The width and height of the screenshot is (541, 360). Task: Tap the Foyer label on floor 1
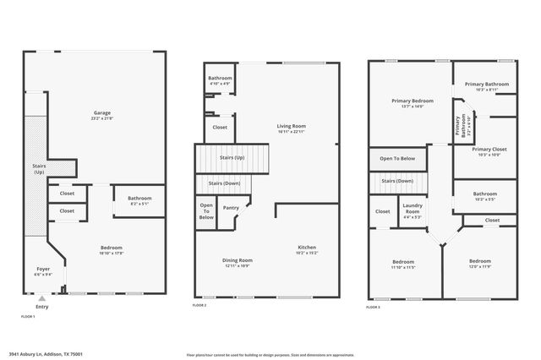coord(42,271)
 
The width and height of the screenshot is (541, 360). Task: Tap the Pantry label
coord(230,207)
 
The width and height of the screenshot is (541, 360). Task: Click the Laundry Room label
coord(413,207)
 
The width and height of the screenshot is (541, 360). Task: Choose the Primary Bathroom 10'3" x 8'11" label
coord(486,85)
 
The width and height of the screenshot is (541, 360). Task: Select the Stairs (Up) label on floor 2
coord(232,157)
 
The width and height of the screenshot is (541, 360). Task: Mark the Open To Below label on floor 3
coord(396,158)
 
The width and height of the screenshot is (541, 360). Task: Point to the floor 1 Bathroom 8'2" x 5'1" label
coord(134,199)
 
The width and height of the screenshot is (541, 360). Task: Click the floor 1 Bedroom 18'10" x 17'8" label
coord(112,249)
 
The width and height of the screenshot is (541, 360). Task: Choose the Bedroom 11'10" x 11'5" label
coord(405,264)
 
